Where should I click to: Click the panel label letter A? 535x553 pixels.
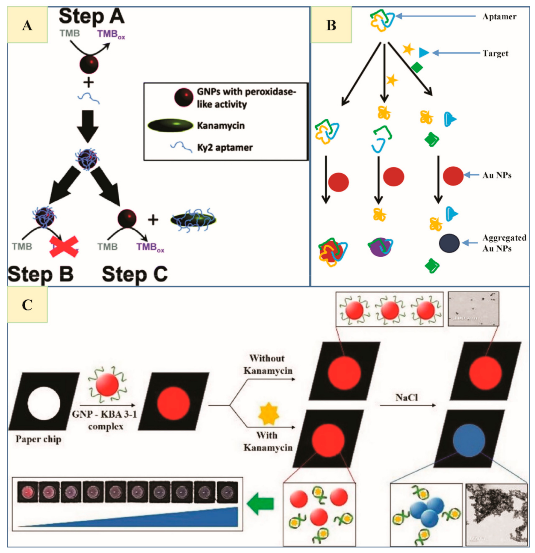coord(27,26)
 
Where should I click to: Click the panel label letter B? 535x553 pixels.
coord(331,26)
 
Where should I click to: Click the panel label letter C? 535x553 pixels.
coord(27,305)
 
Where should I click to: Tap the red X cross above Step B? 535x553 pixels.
coord(64,247)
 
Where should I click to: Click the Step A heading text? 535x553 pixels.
coord(91,17)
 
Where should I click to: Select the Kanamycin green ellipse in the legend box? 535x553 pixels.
coord(170,125)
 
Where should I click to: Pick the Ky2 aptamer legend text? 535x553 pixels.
coord(224,148)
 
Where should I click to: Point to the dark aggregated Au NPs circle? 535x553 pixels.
coord(449,243)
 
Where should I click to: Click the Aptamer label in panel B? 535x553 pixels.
coord(499,17)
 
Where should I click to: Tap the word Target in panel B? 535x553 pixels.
coord(495,53)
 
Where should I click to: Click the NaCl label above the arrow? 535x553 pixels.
coord(406,397)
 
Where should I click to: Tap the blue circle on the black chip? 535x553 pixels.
coord(469,441)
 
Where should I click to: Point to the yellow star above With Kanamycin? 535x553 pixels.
coord(268,414)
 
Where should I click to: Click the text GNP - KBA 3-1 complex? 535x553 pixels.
coord(105,420)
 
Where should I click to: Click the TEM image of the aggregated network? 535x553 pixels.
coord(496,514)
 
